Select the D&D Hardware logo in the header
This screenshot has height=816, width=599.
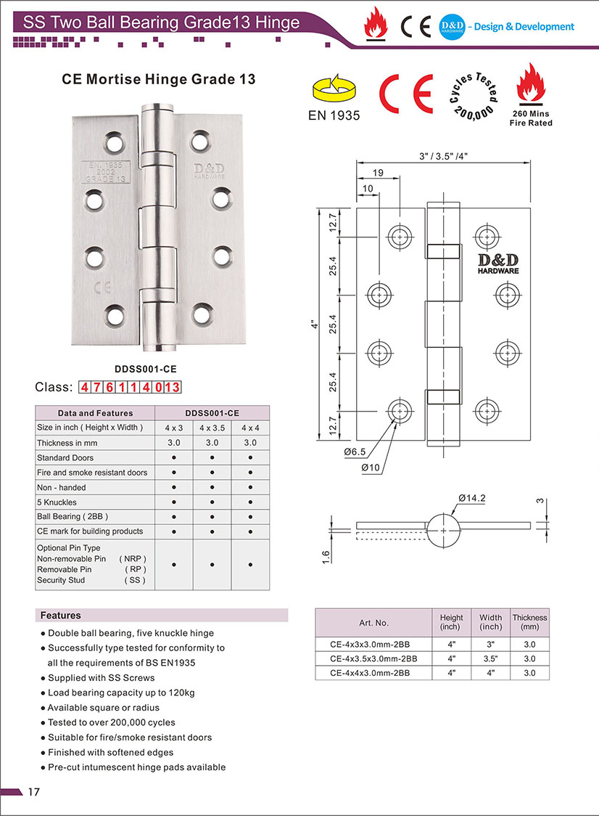[x=452, y=27]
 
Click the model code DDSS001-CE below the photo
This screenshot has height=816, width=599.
[x=145, y=368]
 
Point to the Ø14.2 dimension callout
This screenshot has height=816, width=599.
[x=471, y=498]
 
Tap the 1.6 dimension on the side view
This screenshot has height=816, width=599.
[x=326, y=556]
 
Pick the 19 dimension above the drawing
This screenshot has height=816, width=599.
[x=378, y=173]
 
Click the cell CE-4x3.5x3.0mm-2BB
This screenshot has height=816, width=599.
[x=373, y=658]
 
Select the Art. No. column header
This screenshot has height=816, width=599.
[x=373, y=623]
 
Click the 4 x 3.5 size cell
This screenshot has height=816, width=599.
[x=212, y=428]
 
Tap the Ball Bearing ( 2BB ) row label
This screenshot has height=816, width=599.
[x=73, y=516]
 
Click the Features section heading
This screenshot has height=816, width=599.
[x=61, y=615]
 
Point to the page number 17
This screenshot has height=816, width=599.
[x=33, y=791]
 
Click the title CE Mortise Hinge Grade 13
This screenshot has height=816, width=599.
[x=159, y=79]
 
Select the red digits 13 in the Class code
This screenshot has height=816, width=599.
[x=171, y=387]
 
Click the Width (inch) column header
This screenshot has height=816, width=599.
[x=490, y=622]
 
